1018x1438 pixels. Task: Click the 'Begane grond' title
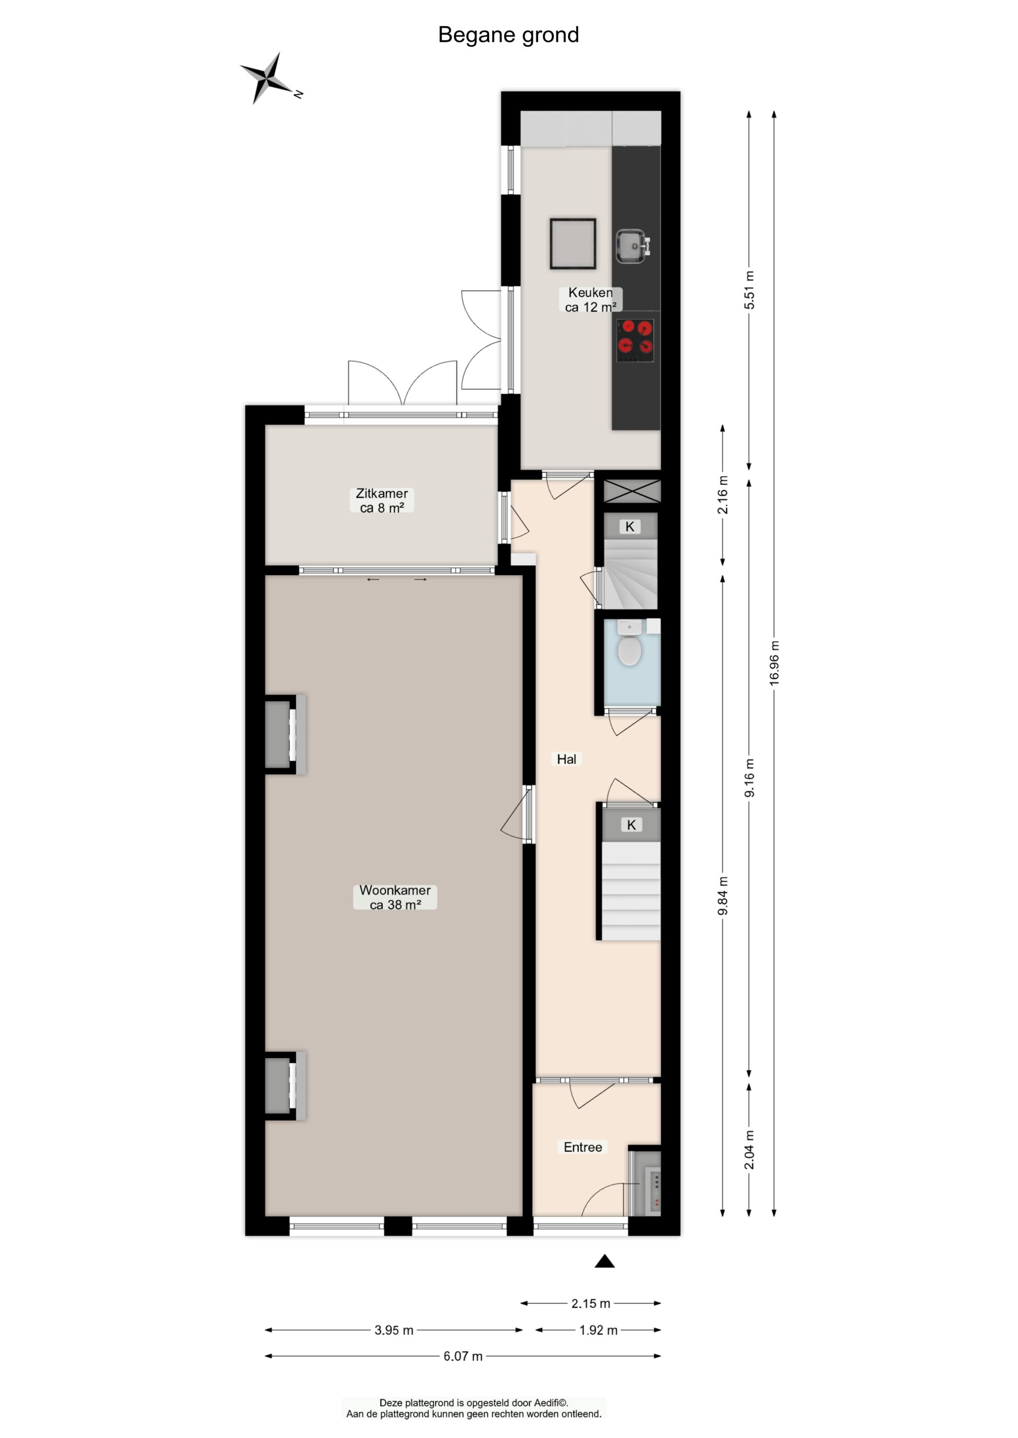click(508, 35)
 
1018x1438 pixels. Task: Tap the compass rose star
click(268, 78)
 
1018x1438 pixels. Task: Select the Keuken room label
click(590, 300)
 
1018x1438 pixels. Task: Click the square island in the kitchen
click(573, 244)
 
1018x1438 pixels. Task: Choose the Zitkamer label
click(382, 500)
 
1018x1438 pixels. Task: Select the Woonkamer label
click(395, 897)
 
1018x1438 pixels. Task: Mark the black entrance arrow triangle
click(604, 1261)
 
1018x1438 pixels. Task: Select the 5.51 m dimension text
click(749, 290)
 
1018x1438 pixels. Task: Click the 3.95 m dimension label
click(394, 1330)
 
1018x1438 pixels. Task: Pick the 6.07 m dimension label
click(463, 1357)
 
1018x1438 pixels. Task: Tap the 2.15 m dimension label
click(590, 1304)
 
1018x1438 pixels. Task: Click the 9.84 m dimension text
click(723, 895)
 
